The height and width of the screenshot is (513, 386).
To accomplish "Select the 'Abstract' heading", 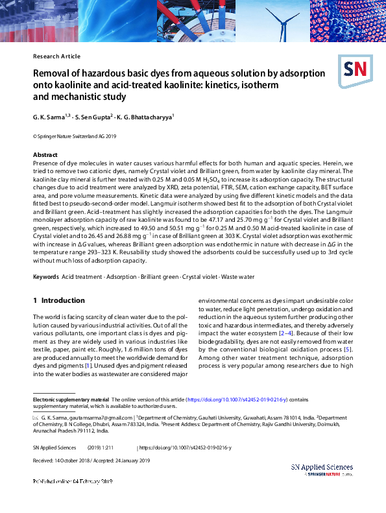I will [45, 155].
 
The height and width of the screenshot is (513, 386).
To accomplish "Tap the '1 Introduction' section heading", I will [58, 301].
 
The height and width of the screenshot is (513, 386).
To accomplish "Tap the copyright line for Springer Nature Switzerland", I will [74, 137].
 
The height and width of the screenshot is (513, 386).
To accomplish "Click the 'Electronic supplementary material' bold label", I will [71, 400].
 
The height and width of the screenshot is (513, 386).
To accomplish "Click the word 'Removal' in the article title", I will [54, 73].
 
